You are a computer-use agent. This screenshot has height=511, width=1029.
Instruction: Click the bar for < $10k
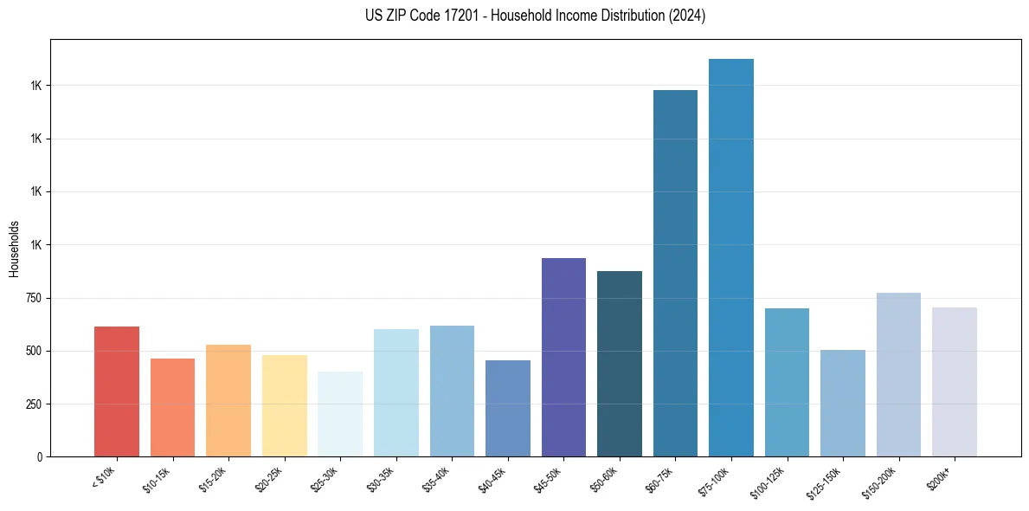[117, 391]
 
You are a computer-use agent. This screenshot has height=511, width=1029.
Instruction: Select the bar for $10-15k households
[172, 407]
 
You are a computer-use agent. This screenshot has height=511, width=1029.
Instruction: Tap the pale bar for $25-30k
[340, 414]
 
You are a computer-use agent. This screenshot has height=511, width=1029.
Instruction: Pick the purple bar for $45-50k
[563, 357]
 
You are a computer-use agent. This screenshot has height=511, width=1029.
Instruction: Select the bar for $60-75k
[675, 273]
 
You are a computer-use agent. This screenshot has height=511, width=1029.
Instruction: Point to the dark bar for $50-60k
[620, 364]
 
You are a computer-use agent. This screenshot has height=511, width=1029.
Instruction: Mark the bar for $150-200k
[898, 374]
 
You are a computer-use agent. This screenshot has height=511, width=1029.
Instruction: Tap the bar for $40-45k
[508, 408]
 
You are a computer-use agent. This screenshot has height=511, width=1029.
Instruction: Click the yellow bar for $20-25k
[285, 405]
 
